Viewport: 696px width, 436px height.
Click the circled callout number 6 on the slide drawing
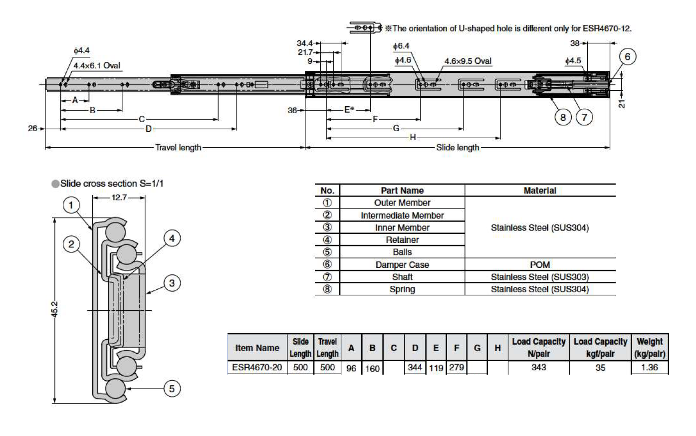pos(627,57)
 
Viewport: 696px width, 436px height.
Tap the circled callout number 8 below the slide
pos(563,117)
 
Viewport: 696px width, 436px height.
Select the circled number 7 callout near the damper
pos(584,117)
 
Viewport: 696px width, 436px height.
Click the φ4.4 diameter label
pos(81,50)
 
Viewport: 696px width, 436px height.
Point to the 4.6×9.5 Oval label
pos(467,61)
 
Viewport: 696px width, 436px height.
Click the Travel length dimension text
pos(178,148)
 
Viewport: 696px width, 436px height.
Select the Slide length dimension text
pos(458,148)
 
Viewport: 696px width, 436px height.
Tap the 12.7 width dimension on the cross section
pos(119,198)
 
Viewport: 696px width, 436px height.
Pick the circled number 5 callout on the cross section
pos(172,389)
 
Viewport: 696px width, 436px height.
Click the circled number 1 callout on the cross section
pos(71,205)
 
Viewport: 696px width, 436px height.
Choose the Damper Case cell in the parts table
pos(402,265)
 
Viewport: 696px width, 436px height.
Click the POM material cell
pos(539,265)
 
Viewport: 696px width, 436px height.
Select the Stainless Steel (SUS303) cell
pos(539,277)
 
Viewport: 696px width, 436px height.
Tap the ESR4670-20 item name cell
pos(256,368)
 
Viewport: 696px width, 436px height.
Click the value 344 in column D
pos(415,368)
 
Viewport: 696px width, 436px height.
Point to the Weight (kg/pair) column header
pos(650,348)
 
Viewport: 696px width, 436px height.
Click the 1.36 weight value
pos(650,368)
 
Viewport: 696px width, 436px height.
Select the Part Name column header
pos(402,191)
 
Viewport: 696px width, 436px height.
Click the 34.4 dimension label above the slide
pos(304,43)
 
